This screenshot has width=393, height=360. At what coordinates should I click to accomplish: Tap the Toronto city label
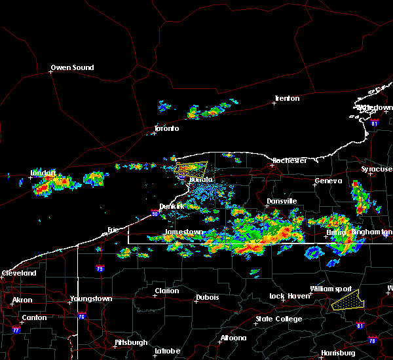click(x=166, y=128)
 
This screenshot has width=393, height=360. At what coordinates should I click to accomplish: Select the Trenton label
click(x=287, y=98)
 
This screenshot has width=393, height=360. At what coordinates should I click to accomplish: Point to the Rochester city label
click(x=290, y=160)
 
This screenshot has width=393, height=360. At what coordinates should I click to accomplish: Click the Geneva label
click(x=328, y=181)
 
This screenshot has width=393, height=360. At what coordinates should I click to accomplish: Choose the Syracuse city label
click(x=377, y=169)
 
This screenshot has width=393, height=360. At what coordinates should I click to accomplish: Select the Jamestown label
click(x=184, y=232)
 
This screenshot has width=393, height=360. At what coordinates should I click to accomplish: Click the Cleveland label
click(x=18, y=272)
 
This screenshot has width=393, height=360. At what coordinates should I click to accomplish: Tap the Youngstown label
click(x=90, y=298)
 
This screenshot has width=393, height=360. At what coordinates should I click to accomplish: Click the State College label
click(x=279, y=319)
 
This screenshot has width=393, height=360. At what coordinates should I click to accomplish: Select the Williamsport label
click(x=331, y=289)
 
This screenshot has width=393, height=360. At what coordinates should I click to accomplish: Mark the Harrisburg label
click(x=338, y=353)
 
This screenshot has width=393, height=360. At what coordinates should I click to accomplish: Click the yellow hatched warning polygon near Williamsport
click(x=348, y=300)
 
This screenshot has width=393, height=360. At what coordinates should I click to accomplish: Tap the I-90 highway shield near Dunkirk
click(x=155, y=213)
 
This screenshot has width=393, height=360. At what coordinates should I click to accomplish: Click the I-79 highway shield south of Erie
click(x=100, y=268)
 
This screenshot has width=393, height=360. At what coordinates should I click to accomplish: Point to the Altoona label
click(x=233, y=338)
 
